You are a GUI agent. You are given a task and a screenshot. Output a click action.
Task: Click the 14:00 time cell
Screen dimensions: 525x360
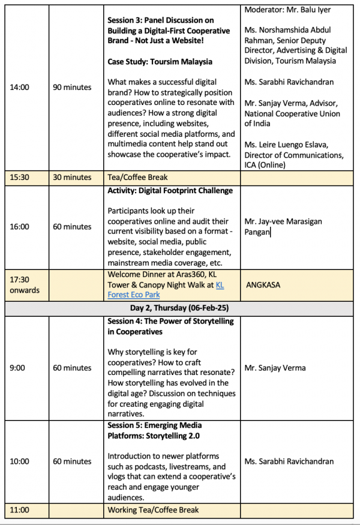pos(20,88)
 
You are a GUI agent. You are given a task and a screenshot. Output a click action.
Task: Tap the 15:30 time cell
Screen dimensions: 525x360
pos(20,178)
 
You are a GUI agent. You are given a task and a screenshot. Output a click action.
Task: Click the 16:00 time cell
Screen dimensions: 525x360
pos(20,227)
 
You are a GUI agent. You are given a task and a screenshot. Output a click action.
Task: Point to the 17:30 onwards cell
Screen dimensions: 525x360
pos(25,285)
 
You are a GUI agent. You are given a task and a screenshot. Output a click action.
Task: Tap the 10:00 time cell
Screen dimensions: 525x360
pos(20,461)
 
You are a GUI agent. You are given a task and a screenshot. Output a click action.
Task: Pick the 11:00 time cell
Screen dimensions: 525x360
pos(20,510)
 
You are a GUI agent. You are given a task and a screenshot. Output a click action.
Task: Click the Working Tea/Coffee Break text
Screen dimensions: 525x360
pos(153,510)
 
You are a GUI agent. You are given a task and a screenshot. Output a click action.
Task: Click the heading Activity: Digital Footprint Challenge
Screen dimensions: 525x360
pos(170,191)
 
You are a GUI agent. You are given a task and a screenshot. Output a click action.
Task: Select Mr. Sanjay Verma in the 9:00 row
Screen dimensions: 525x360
pos(275,368)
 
